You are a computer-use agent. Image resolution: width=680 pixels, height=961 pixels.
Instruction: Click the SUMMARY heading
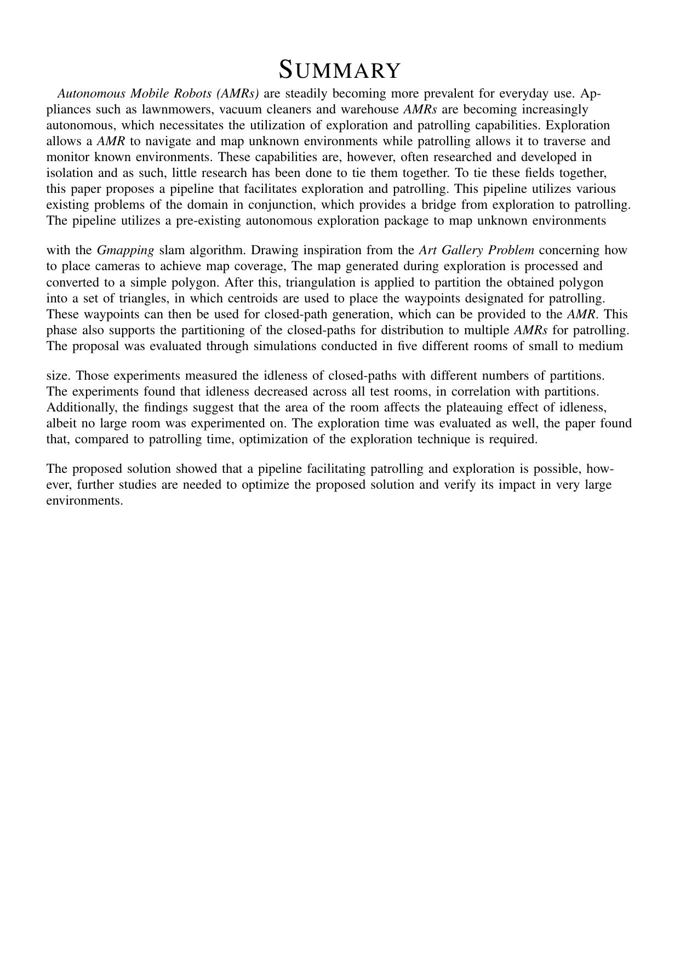point(340,71)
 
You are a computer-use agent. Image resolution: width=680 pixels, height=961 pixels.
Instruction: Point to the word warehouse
point(365,109)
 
